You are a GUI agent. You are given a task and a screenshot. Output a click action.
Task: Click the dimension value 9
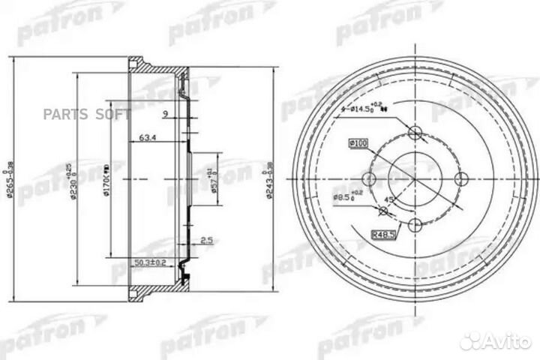pyautogui.click(x=163, y=114)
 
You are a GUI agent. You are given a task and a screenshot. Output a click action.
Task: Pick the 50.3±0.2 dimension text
pyautogui.click(x=148, y=262)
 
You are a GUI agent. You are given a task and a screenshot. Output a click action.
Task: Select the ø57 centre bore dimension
pyautogui.click(x=215, y=178)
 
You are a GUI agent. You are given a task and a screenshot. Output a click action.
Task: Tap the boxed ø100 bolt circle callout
pyautogui.click(x=357, y=142)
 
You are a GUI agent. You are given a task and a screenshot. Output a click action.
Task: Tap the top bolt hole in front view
pyautogui.click(x=415, y=133)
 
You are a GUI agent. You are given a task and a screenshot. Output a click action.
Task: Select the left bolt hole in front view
pyautogui.click(x=368, y=179)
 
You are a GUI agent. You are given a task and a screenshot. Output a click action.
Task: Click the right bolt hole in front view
pyautogui.click(x=461, y=178)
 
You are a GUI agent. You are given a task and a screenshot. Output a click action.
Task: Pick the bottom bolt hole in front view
pyautogui.click(x=415, y=225)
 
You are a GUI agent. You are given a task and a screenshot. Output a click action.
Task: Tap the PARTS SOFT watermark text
pyautogui.click(x=87, y=114)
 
